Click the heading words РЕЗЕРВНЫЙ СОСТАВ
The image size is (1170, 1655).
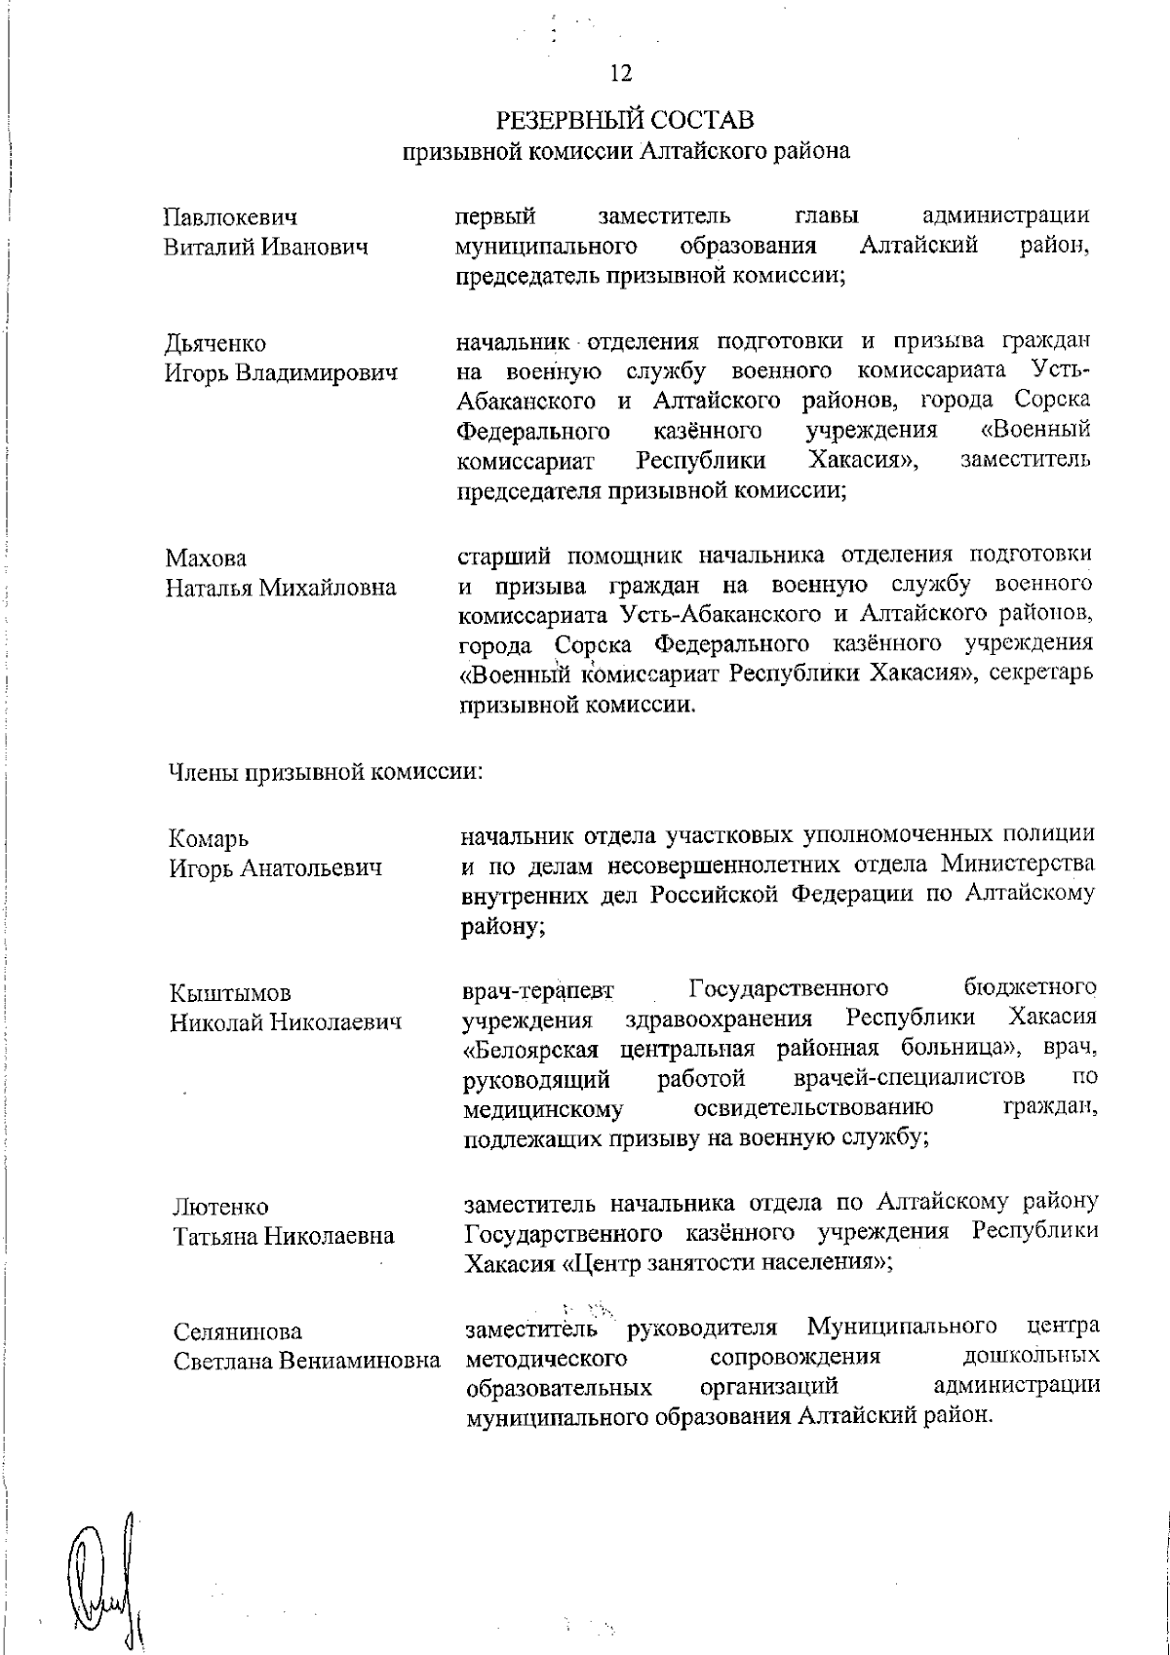625,121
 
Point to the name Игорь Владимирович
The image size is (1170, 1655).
281,373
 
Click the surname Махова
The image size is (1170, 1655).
206,558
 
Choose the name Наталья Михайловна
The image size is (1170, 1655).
281,589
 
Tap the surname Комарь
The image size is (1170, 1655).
209,838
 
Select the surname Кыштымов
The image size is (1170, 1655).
230,993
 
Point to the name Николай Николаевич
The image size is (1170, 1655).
287,1023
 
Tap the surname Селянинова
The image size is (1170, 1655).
238,1332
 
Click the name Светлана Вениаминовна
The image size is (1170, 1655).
306,1362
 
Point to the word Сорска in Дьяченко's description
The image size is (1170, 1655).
1051,401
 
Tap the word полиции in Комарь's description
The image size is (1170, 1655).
1046,835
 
